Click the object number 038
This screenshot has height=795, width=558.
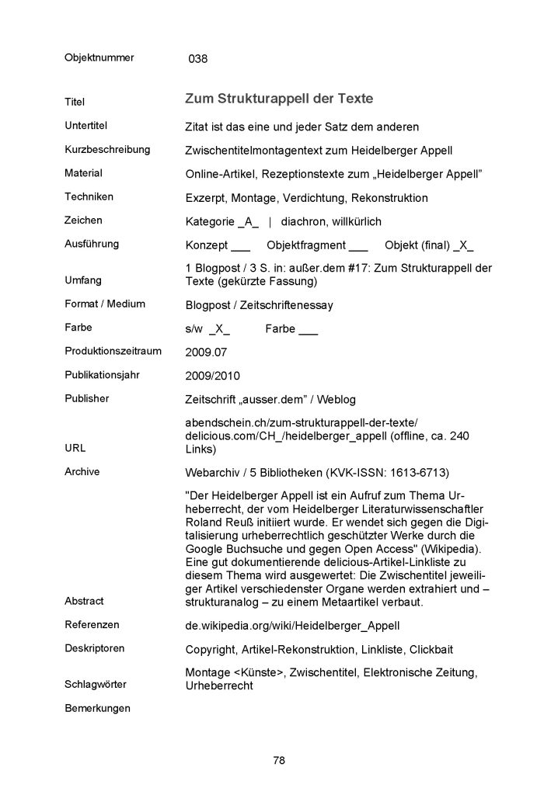coord(198,58)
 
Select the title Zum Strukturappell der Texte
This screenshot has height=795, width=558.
coord(279,99)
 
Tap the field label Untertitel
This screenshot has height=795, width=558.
coord(85,125)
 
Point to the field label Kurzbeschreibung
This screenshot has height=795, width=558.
coord(107,149)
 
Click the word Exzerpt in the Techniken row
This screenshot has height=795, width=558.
coord(208,198)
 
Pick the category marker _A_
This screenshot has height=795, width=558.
coord(249,221)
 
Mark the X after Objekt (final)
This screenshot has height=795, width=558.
coord(462,245)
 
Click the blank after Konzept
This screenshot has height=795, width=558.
coord(241,245)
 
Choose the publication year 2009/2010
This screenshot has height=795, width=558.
coord(213,376)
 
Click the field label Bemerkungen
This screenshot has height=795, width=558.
coord(97,708)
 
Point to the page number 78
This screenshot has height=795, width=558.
coord(279,760)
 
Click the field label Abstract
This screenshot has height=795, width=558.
coord(84,601)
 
